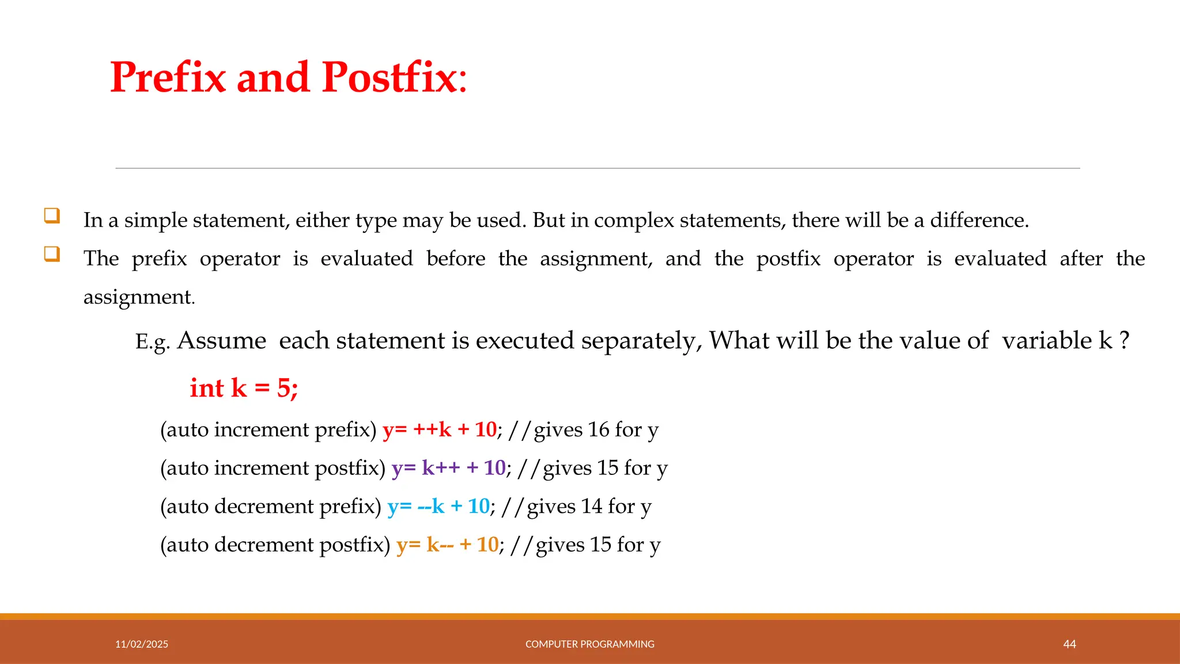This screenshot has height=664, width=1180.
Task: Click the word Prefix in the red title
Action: [168, 77]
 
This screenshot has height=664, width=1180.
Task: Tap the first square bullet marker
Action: [52, 216]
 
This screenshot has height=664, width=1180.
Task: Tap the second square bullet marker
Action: [52, 254]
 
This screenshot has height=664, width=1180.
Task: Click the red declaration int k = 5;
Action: [244, 388]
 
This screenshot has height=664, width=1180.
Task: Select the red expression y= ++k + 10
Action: [439, 429]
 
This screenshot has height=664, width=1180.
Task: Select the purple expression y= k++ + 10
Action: [448, 467]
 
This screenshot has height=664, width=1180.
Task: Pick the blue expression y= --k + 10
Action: [438, 506]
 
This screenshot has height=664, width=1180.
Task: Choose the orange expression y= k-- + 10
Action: [447, 545]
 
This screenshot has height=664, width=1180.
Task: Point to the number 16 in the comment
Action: [599, 429]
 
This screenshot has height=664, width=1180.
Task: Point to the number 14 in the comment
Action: [592, 506]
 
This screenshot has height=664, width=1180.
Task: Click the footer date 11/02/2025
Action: [142, 644]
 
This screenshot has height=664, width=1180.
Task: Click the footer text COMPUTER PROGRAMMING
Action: [589, 644]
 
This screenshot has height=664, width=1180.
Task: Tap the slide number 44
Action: [1069, 644]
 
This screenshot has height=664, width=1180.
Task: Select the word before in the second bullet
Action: [456, 258]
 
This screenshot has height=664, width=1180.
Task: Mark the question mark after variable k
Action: [1124, 341]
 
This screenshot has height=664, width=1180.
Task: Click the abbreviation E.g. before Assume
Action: [152, 342]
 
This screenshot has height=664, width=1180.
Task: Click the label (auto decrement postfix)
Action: [275, 545]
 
